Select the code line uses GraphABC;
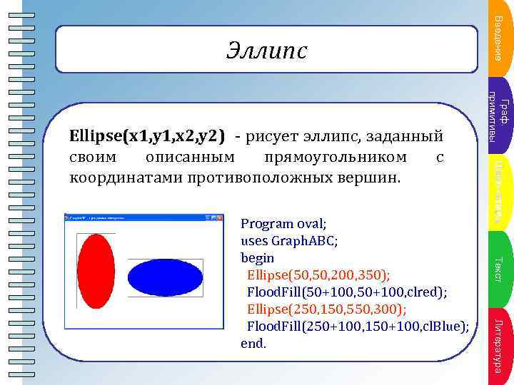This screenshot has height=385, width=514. pyautogui.click(x=289, y=240)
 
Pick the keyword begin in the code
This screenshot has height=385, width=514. pyautogui.click(x=257, y=257)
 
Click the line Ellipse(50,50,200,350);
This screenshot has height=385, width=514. pyautogui.click(x=318, y=274)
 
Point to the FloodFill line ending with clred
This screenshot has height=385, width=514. pyautogui.click(x=347, y=292)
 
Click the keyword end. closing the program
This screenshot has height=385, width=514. pyautogui.click(x=253, y=343)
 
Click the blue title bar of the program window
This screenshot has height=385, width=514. pyautogui.click(x=136, y=216)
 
